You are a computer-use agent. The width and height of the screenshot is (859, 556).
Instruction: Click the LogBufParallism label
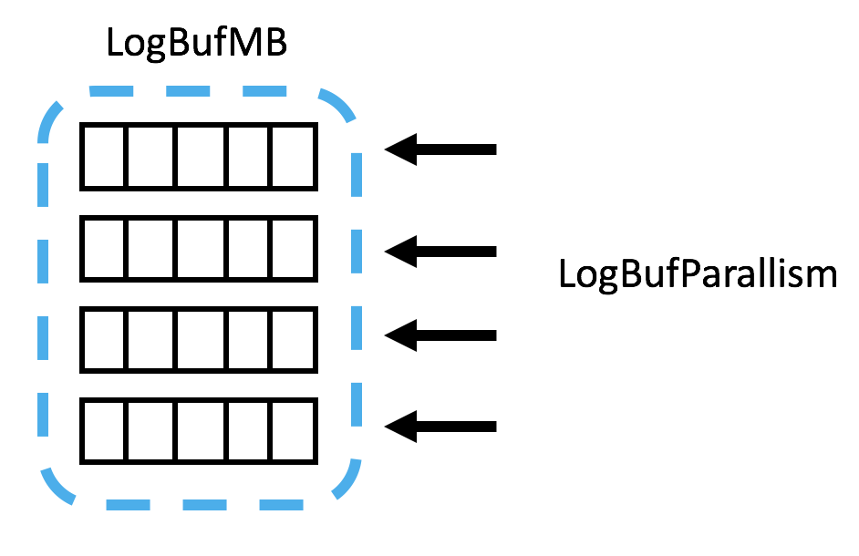coord(698,273)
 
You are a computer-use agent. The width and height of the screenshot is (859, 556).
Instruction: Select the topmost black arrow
coord(441,149)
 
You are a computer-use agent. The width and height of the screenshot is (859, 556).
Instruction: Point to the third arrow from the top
coord(441,335)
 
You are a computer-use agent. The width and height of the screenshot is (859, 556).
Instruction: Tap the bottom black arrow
coord(441,426)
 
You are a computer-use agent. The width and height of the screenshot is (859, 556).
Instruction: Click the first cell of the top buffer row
coord(103,156)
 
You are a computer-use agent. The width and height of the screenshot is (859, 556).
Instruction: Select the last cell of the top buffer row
coord(294,156)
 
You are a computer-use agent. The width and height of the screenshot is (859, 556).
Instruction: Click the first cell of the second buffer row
coord(103,249)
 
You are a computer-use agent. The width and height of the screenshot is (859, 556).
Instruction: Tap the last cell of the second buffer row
coord(294,249)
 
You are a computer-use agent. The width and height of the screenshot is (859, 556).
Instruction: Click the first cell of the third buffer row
coord(103,340)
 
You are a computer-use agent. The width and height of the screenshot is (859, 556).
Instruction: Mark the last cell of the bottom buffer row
coord(294,431)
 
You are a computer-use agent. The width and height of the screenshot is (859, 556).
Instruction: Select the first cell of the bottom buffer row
coord(103,431)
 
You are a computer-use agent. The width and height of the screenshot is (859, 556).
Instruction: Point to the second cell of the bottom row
coord(150,431)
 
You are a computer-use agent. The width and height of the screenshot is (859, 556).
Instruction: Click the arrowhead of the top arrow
coord(403,149)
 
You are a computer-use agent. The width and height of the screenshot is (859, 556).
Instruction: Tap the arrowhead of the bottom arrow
coord(403,426)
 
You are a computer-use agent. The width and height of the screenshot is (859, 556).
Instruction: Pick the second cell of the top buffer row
coord(150,156)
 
